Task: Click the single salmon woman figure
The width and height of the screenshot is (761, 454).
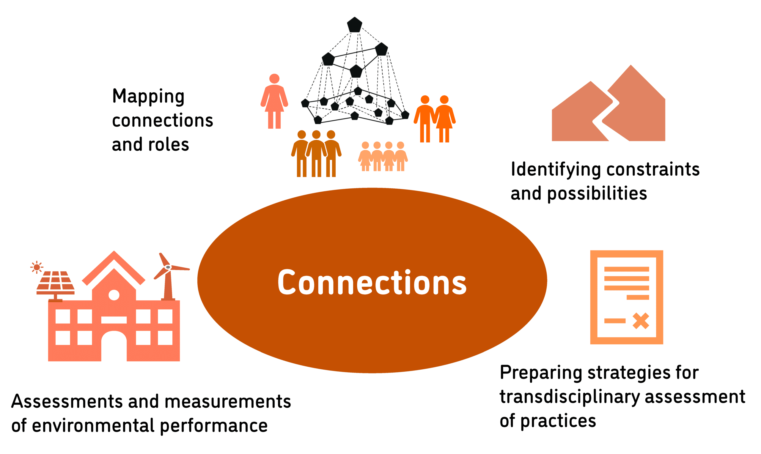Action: point(274,101)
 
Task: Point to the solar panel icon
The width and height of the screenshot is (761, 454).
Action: point(55,283)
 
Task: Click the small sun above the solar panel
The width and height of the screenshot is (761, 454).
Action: point(37,267)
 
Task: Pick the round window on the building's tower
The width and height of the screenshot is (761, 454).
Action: point(114,295)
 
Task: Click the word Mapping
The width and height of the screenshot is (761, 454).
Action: point(148,97)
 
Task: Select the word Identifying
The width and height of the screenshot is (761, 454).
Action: point(556,169)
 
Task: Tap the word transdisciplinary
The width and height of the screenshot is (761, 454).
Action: point(570,397)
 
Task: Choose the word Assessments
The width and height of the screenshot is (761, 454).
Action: point(67,401)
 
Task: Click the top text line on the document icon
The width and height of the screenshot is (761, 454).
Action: point(626,269)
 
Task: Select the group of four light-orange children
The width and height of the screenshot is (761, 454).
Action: point(383,156)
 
